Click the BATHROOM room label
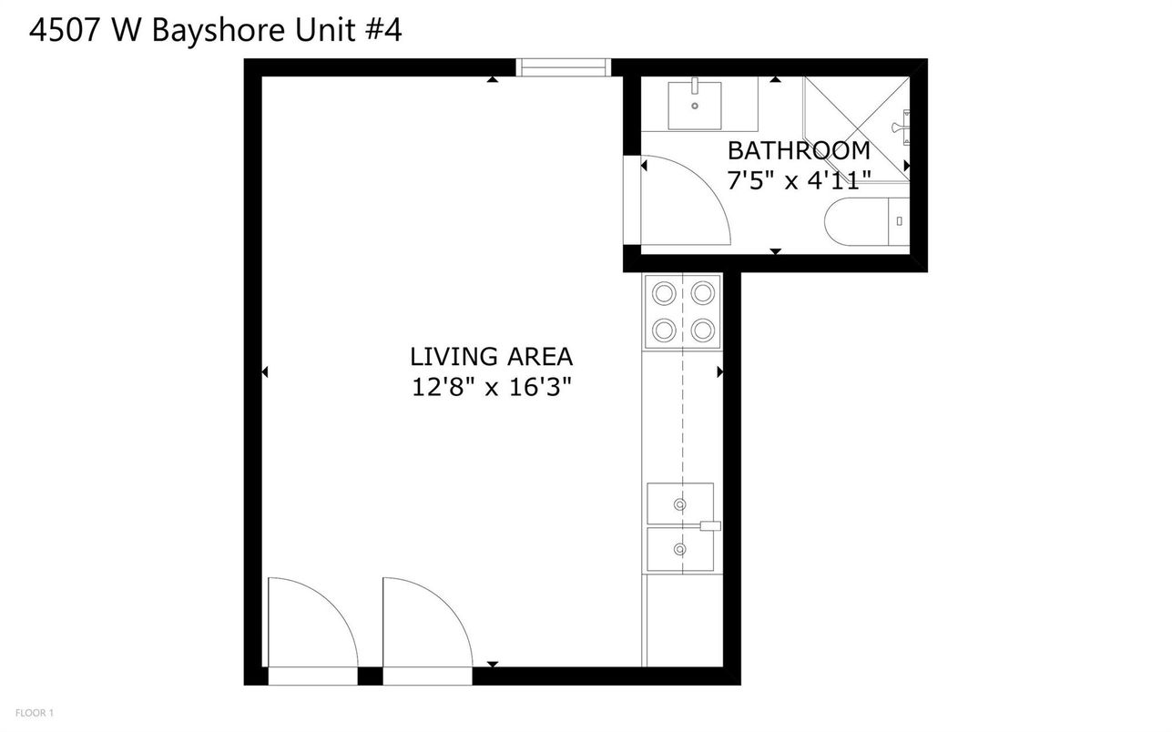pos(799,150)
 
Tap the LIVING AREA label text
pos(491,356)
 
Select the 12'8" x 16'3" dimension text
pos(491,388)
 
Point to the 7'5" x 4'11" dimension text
pos(799,180)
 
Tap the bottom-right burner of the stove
pos(701,328)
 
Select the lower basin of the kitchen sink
pos(679,549)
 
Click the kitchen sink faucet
pos(708,525)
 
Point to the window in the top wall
pos(562,67)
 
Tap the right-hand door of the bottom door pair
pos(423,628)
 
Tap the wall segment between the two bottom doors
pos(370,676)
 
